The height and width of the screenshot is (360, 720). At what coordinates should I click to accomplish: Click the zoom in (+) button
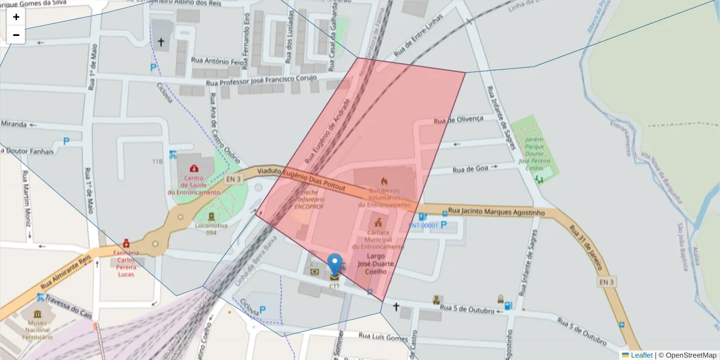16,17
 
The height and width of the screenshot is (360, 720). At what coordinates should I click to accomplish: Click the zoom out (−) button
16,35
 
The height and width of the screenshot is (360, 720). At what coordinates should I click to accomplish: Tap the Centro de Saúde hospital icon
194,169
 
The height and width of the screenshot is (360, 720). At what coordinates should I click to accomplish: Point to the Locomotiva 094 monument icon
211,216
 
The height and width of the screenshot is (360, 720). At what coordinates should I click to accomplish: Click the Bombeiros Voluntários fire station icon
384,181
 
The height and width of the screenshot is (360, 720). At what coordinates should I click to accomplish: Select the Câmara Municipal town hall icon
377,223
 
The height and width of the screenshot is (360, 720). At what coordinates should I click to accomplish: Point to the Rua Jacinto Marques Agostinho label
496,212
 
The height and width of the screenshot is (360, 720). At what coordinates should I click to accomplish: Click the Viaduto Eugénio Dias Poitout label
301,179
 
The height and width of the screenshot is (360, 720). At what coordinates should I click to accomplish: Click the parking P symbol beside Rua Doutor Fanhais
66,142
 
